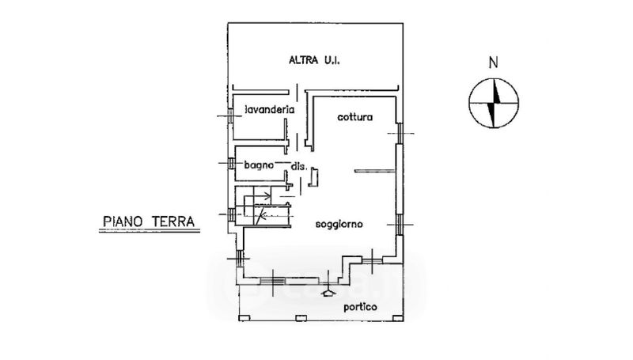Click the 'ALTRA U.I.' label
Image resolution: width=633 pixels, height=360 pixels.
[314, 61]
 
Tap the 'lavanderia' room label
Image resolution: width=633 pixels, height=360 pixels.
[270, 109]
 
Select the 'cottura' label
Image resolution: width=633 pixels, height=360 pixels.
[354, 117]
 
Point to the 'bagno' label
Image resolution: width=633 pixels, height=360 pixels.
[259, 165]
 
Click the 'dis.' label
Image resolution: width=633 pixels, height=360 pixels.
[299, 166]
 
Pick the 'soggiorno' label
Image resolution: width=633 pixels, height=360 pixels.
[339, 224]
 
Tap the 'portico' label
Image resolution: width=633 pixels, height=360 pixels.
[360, 307]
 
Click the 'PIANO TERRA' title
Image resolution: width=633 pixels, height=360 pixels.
[149, 222]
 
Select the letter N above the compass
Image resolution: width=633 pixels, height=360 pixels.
[493, 63]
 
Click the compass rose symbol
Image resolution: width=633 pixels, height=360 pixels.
[493, 104]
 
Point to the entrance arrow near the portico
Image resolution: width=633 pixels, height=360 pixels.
[328, 292]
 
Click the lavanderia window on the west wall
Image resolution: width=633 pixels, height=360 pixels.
[229, 116]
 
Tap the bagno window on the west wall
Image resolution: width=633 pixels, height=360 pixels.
[231, 163]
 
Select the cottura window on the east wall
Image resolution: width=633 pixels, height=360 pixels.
[400, 133]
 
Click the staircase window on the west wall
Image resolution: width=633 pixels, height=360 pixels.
[231, 214]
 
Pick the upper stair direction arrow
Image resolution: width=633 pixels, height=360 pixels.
[263, 196]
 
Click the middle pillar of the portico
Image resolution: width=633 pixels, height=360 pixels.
[300, 318]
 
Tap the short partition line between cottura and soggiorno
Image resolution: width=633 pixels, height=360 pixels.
[374, 171]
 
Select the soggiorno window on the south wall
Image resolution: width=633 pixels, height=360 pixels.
[272, 280]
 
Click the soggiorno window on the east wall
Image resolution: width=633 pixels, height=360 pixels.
[399, 225]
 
